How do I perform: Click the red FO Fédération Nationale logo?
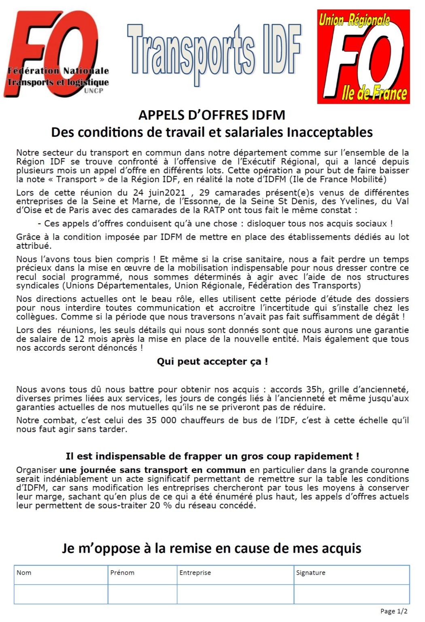click(x=57, y=55)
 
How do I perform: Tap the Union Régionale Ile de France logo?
click(x=363, y=57)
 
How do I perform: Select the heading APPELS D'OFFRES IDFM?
click(x=212, y=115)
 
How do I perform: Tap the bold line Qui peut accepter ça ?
click(x=212, y=362)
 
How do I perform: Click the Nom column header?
click(x=24, y=573)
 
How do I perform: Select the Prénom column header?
click(x=122, y=573)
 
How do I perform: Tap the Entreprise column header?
click(x=195, y=573)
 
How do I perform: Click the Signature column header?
click(x=310, y=573)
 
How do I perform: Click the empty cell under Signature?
click(x=351, y=594)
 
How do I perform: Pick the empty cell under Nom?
click(x=61, y=594)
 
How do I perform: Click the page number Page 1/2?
click(x=394, y=611)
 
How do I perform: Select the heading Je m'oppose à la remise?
click(x=211, y=548)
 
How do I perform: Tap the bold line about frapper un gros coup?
click(x=212, y=456)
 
